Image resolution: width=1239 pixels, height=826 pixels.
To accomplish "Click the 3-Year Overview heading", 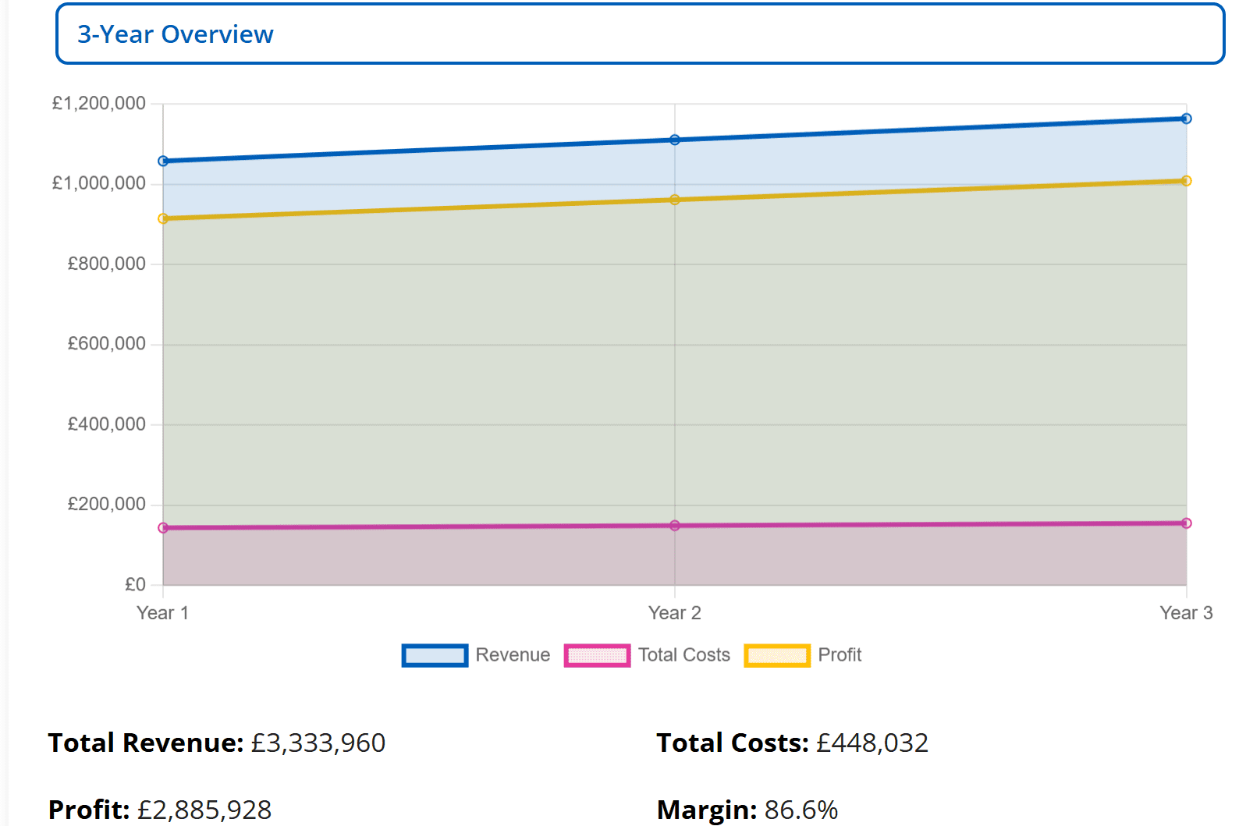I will tap(176, 34).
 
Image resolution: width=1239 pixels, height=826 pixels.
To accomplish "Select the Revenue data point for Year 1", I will tap(163, 161).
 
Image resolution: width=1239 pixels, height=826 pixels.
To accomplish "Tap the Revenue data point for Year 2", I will tap(675, 140).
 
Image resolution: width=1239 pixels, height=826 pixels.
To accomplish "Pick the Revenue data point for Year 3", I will tap(1186, 119).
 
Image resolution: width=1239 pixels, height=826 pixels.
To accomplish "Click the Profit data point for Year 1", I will tap(163, 219).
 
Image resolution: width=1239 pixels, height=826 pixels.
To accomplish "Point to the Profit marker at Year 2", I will tap(675, 200).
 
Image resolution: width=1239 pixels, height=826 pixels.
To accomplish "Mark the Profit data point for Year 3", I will tap(1186, 181).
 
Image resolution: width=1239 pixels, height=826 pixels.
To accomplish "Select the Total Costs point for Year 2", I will tap(675, 526).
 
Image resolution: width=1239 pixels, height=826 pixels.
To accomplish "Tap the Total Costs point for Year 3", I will tap(1186, 523).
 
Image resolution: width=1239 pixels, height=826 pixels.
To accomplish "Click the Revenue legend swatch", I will tap(435, 655).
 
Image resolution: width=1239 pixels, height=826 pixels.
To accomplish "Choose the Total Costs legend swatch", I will tap(597, 655).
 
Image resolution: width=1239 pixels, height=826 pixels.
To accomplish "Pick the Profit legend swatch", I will tap(777, 655).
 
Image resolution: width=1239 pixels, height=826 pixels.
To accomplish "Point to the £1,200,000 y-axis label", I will tap(99, 104).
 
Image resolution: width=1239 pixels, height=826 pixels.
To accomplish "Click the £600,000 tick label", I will tap(107, 344).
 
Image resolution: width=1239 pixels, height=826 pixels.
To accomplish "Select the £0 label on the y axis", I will tap(136, 584).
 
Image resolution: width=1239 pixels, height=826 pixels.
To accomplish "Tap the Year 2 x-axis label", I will tap(675, 613).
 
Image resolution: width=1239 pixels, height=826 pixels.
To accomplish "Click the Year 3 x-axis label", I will tap(1186, 613).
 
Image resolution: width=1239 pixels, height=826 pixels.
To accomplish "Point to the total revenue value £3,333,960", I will tap(318, 743).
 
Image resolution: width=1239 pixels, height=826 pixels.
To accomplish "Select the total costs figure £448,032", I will tap(872, 743).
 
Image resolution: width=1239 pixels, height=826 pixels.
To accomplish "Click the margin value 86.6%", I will tap(801, 810).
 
